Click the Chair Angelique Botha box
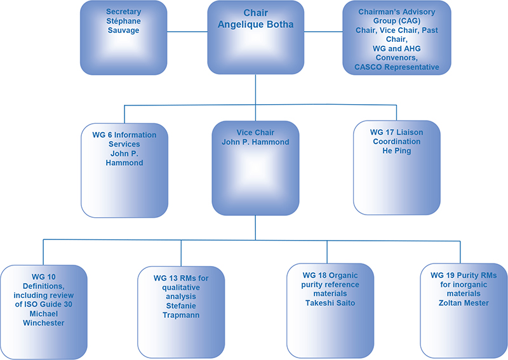255,37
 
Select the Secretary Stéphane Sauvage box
124,37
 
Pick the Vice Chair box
255,167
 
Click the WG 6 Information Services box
124,170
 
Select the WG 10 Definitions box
43,312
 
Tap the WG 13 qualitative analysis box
181,312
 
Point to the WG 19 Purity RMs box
463,312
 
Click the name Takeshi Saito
330,303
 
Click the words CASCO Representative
397,67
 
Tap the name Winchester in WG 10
43,323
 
